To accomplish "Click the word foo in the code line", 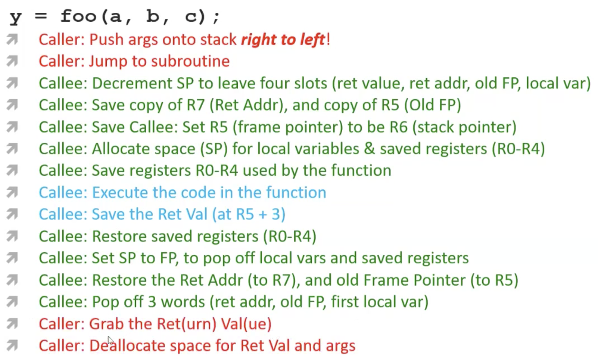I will pyautogui.click(x=78, y=16).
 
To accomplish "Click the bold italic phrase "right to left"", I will pyautogui.click(x=283, y=40).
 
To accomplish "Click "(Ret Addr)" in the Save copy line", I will pyautogui.click(x=248, y=105).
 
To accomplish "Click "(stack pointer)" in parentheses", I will pyautogui.click(x=464, y=127).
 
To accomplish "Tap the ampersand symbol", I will pyautogui.click(x=369, y=149).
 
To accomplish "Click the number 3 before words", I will pyautogui.click(x=152, y=302).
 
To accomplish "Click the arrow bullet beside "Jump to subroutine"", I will pyautogui.click(x=12, y=60).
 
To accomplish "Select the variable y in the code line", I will pyautogui.click(x=16, y=17).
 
